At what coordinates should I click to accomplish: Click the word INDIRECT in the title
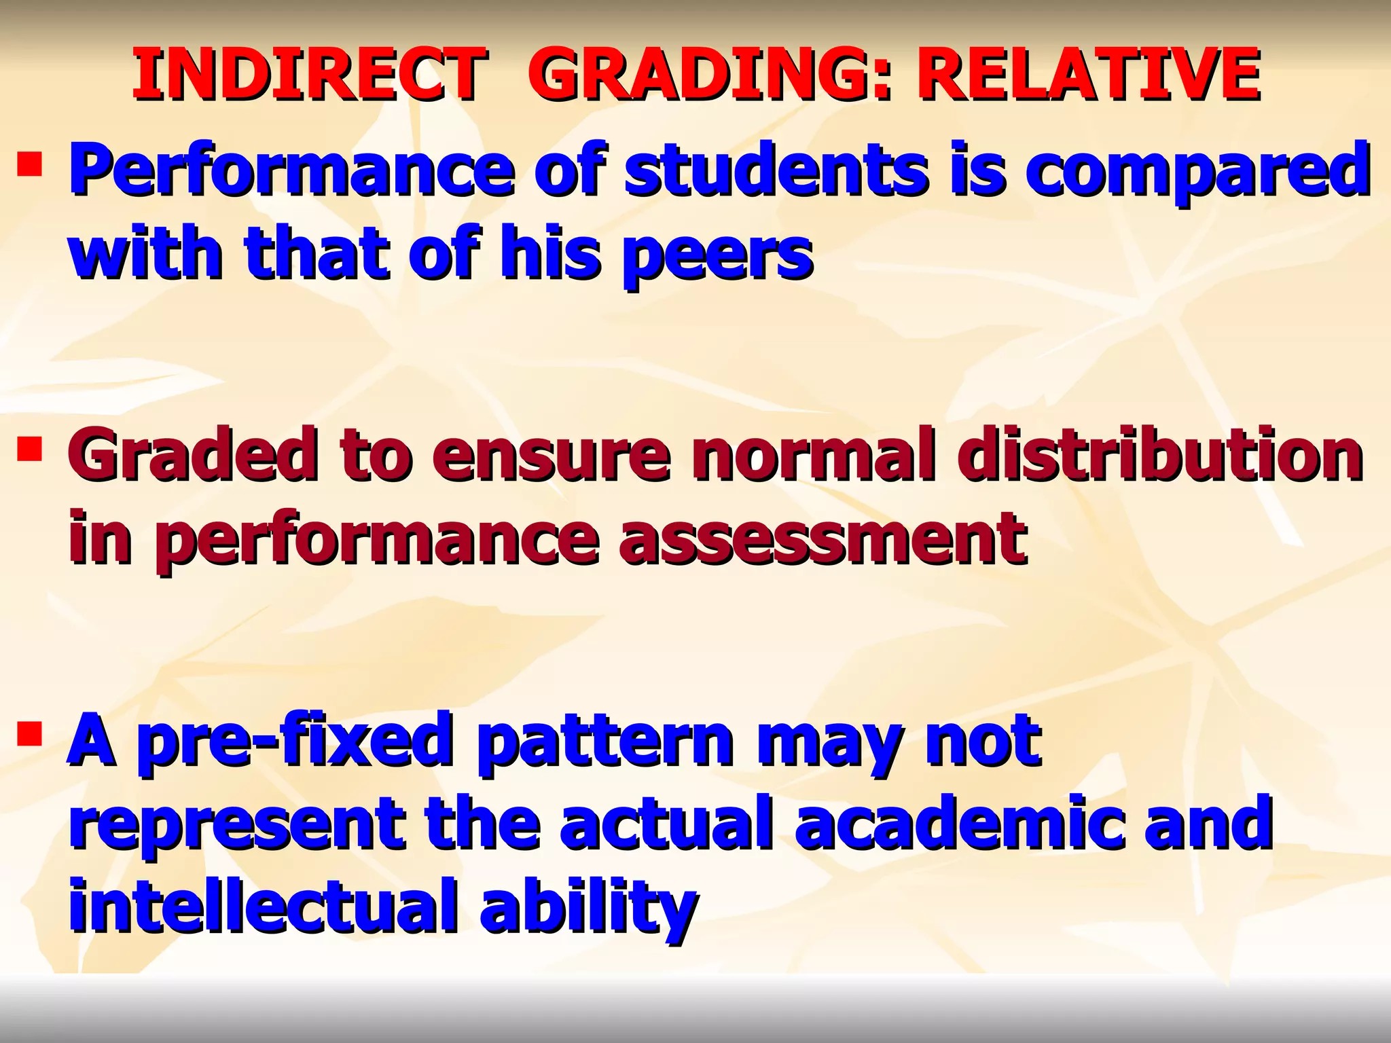pos(309,75)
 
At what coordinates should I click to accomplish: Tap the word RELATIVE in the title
pos(1087,75)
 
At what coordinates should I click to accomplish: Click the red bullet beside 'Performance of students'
pos(30,164)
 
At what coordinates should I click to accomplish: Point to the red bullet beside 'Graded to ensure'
pos(30,449)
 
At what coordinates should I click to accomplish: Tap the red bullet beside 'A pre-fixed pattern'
pos(30,733)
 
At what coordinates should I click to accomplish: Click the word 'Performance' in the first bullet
pos(292,170)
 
